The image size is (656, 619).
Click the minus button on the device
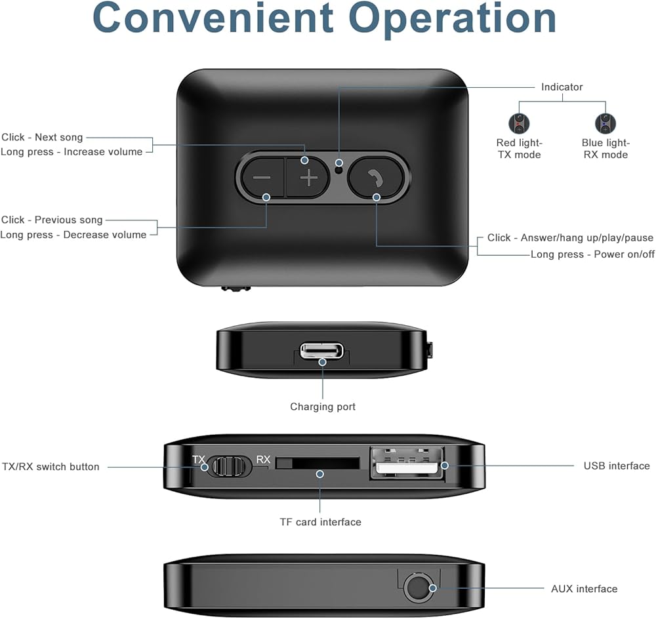coord(262,178)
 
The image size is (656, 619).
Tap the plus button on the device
coord(308,178)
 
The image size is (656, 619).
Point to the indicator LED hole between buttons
coord(339,169)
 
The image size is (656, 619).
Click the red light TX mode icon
coord(519,124)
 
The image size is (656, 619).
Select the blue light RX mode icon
coord(605,124)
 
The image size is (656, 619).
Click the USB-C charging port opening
coord(321,351)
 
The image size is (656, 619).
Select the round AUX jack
coord(417,588)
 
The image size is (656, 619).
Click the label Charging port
coord(323,407)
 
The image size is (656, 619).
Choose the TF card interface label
coord(320,522)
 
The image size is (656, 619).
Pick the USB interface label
coord(617,466)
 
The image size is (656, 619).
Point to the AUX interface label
coord(584,589)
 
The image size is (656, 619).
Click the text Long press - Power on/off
coord(592,254)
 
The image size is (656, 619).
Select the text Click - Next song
coord(43,137)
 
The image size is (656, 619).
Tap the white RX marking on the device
coord(263,460)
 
